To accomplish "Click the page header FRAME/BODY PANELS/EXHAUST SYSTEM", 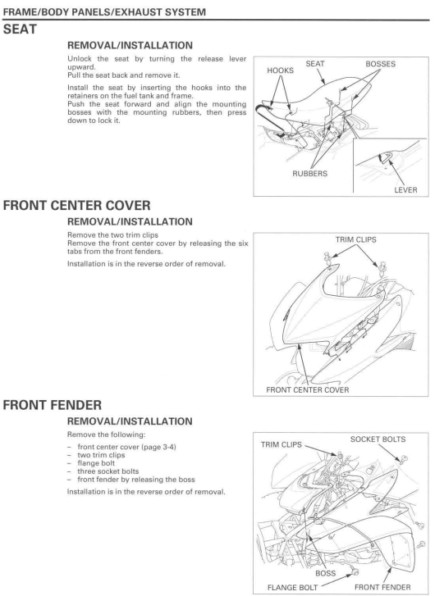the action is coord(104,12).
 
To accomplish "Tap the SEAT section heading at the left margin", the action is coord(20,30).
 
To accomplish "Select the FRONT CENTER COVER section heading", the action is coord(77,206).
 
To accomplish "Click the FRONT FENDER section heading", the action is coord(53,405).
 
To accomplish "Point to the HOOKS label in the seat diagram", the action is coord(281,71).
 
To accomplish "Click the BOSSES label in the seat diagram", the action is coord(381,64).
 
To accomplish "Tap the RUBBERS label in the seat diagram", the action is coord(309,174).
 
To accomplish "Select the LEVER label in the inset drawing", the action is coord(405,189).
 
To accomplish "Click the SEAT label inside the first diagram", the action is coord(315,64).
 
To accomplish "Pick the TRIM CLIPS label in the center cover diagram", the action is coord(355,240).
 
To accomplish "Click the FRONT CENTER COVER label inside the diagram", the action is coord(308,390).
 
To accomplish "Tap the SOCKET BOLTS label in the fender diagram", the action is coord(378,439).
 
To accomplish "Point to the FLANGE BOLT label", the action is coord(292,588).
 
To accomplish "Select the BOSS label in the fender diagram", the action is coord(325,573).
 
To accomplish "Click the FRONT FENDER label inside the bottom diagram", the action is coord(382,587).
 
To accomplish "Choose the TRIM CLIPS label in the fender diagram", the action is coord(282,444).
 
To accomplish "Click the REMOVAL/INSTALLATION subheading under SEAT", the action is coord(130,46).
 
